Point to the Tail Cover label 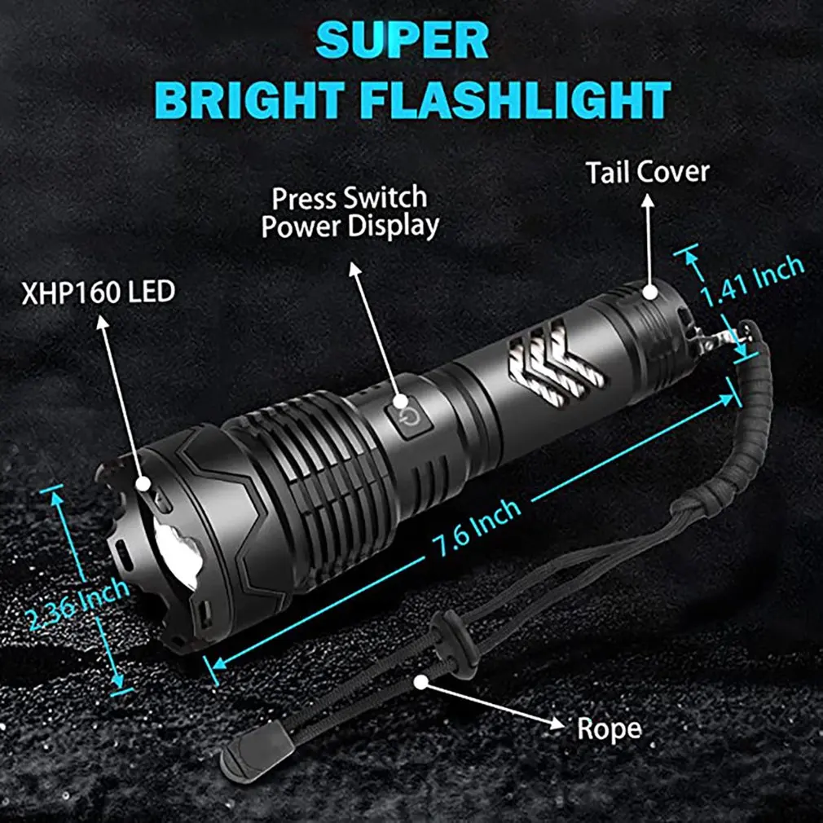pos(647,173)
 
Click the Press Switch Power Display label pos(350,211)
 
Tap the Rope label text pos(608,728)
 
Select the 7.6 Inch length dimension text pos(476,530)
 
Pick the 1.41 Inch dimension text pos(754,282)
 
